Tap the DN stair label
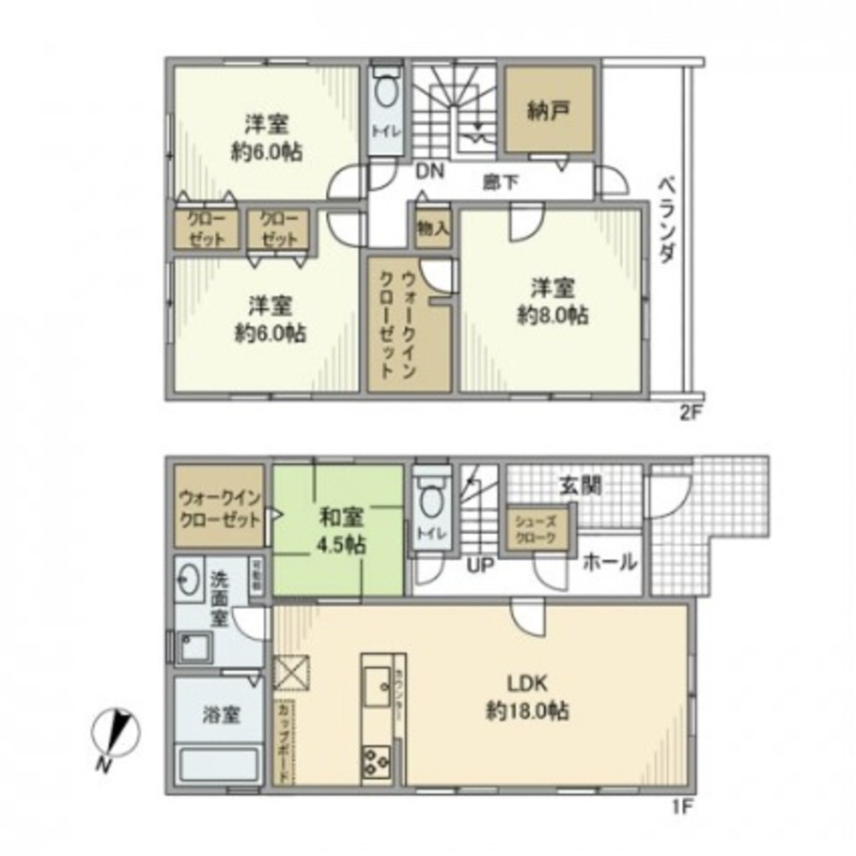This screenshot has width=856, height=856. coord(431,171)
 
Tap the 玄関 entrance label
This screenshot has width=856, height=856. coord(580,485)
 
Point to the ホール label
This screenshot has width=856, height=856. coord(610,562)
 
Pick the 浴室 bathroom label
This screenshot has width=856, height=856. coord(220,716)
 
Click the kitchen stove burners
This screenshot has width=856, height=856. coord(377,759)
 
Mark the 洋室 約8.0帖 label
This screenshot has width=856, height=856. coord(552,301)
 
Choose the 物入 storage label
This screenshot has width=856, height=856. coord(432,228)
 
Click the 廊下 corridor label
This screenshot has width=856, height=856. coord(498,181)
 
